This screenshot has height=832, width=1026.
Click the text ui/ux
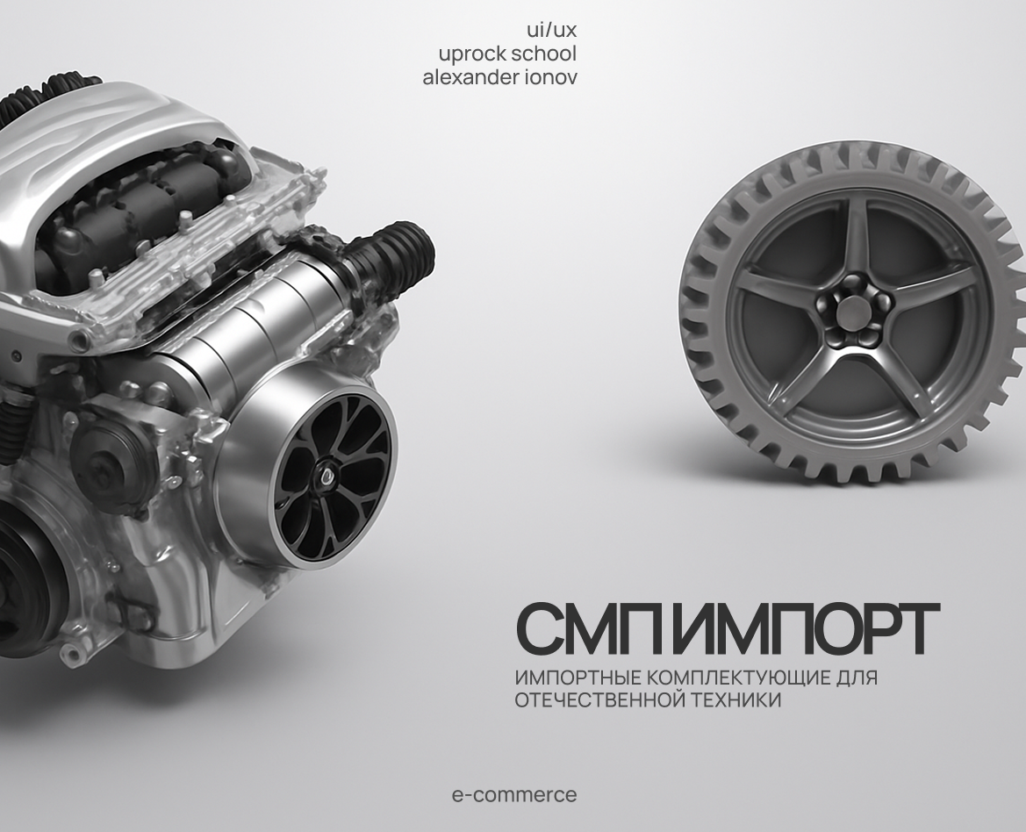click(551, 31)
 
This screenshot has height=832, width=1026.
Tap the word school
click(543, 54)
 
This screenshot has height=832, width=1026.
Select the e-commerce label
click(514, 795)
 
